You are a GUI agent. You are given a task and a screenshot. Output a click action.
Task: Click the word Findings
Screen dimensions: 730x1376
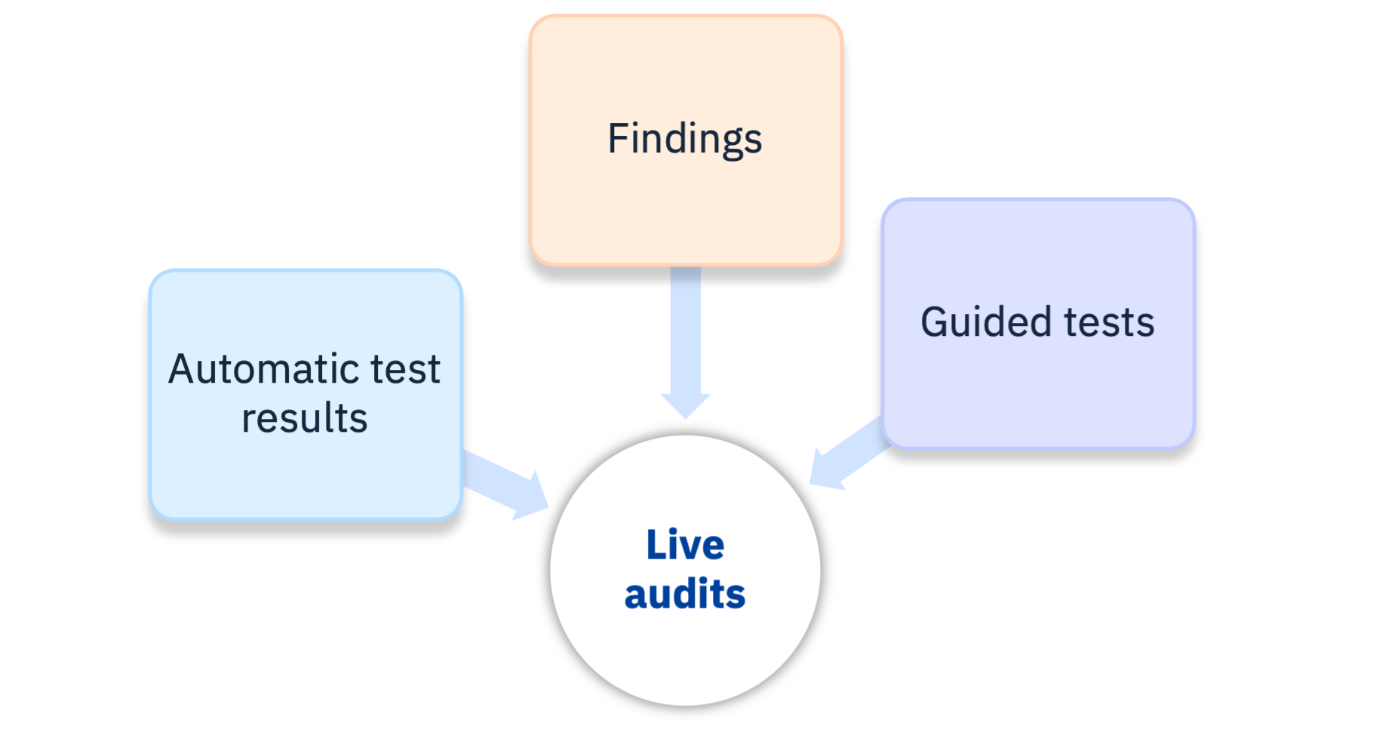click(x=685, y=139)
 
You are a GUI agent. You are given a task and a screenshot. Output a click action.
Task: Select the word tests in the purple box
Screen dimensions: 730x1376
click(x=1109, y=322)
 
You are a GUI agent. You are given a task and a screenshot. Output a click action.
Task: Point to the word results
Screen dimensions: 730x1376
click(x=304, y=418)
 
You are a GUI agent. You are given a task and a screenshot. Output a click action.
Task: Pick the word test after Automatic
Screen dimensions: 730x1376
click(x=405, y=369)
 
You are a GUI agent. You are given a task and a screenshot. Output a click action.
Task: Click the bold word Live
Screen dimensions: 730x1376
click(x=685, y=544)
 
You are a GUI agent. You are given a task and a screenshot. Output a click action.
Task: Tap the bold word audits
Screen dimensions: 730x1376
click(x=685, y=594)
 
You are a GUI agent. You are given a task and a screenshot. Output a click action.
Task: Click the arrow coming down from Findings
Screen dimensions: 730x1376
click(x=685, y=332)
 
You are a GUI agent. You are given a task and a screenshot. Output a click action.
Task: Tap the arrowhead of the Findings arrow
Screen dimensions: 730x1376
click(x=685, y=407)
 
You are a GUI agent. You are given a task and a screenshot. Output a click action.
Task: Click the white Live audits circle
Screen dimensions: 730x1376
click(x=685, y=649)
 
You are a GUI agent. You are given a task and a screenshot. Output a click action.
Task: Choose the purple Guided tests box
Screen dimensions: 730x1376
click(x=1038, y=393)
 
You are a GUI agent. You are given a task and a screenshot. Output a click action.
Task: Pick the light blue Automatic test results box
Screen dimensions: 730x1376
click(x=306, y=476)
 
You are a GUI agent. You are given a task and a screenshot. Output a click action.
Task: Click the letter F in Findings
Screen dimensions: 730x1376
click(x=618, y=139)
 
